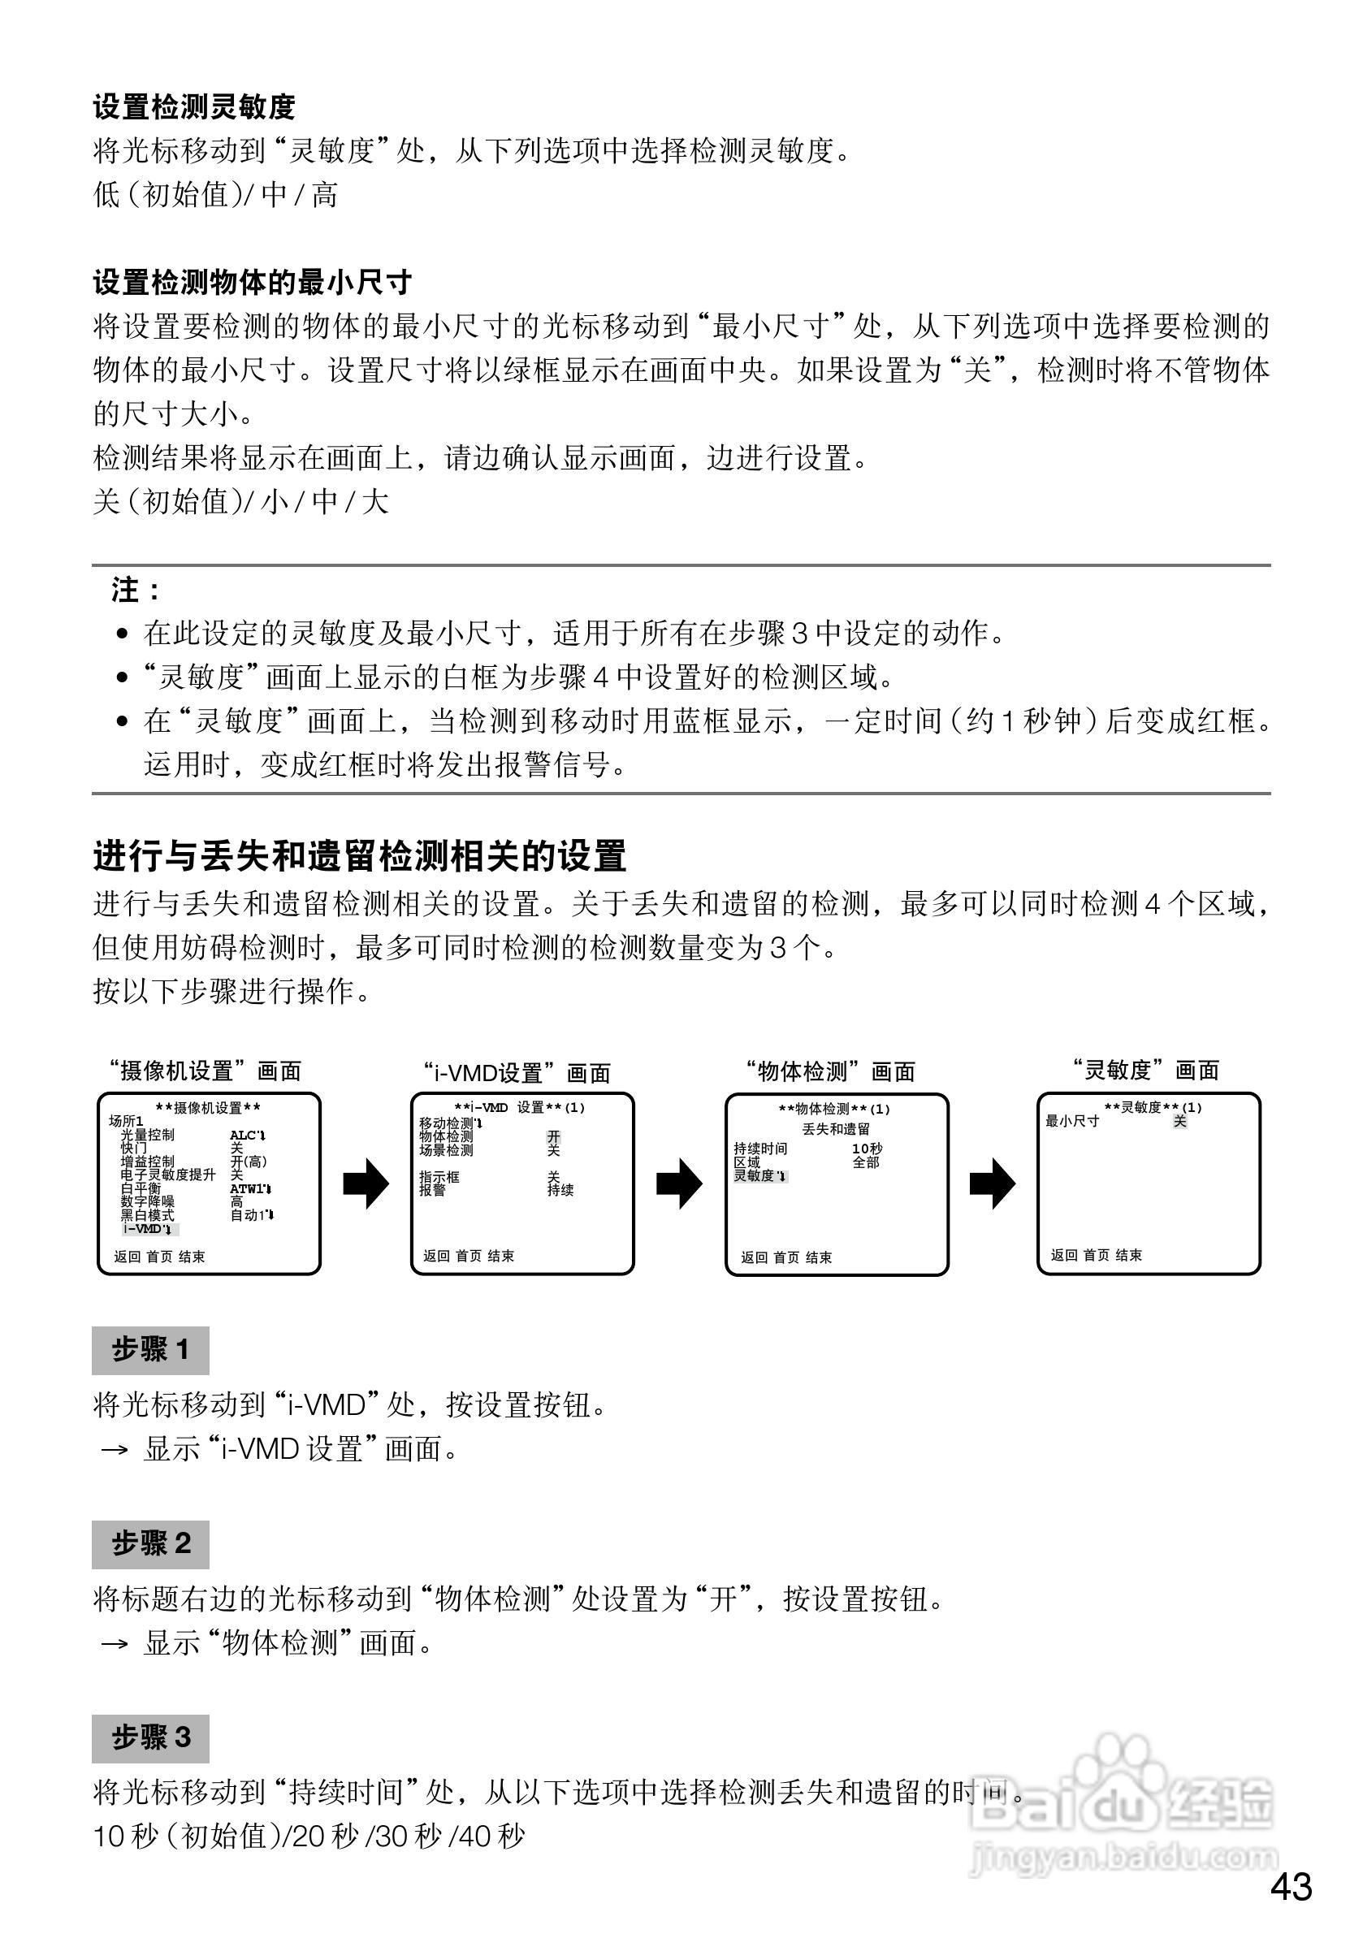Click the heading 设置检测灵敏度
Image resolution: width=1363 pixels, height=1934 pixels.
[x=194, y=107]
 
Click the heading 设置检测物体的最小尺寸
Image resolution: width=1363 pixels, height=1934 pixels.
[x=252, y=282]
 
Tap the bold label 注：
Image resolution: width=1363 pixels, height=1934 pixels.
[x=135, y=590]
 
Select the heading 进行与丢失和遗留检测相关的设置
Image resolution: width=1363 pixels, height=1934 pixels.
[x=360, y=857]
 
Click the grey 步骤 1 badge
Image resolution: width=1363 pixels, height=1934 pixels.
[x=151, y=1350]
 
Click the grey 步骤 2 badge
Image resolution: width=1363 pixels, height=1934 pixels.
[x=151, y=1544]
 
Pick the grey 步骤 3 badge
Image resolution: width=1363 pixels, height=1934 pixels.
[x=151, y=1737]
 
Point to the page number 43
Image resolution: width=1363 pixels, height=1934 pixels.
[x=1292, y=1888]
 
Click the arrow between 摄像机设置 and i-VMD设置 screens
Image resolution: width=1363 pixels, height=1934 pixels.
[x=366, y=1184]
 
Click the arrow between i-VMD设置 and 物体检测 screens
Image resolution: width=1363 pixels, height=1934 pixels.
[x=679, y=1184]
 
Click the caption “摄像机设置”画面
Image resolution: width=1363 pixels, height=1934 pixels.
[x=205, y=1071]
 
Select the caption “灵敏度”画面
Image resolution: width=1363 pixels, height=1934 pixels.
[x=1146, y=1071]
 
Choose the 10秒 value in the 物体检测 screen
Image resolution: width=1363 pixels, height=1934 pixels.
[x=867, y=1149]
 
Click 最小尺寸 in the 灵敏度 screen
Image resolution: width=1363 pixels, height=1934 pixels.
[x=1071, y=1121]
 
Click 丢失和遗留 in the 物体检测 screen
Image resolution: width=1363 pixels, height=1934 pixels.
[x=835, y=1129]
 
